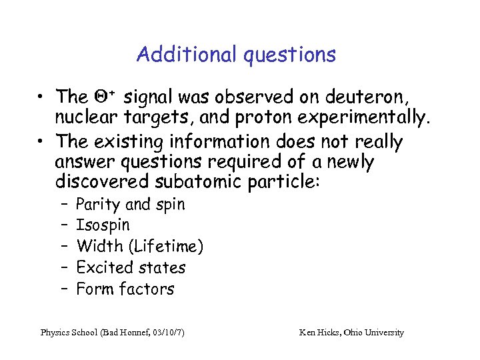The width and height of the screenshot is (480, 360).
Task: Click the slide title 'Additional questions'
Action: tap(236, 54)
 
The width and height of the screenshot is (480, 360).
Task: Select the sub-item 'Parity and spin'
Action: tap(131, 204)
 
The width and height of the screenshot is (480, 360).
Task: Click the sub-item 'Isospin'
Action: tap(103, 225)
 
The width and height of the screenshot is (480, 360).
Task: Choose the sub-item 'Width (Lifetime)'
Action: tap(140, 247)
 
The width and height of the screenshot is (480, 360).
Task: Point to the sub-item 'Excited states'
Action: tap(131, 268)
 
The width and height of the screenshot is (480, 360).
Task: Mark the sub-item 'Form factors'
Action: tap(125, 289)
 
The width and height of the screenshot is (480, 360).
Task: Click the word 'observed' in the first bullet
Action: tap(244, 97)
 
